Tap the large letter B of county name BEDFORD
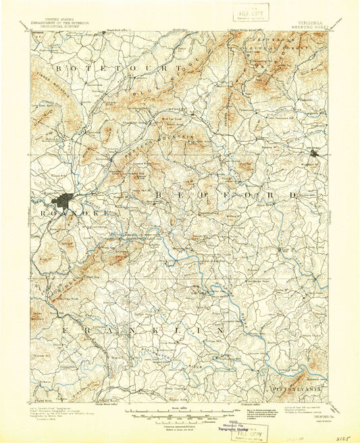coord(158,194)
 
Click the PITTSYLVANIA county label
coord(298,390)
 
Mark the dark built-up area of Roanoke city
coord(66,201)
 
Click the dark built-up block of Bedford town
coord(314,154)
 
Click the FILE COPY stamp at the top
coord(251,12)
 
